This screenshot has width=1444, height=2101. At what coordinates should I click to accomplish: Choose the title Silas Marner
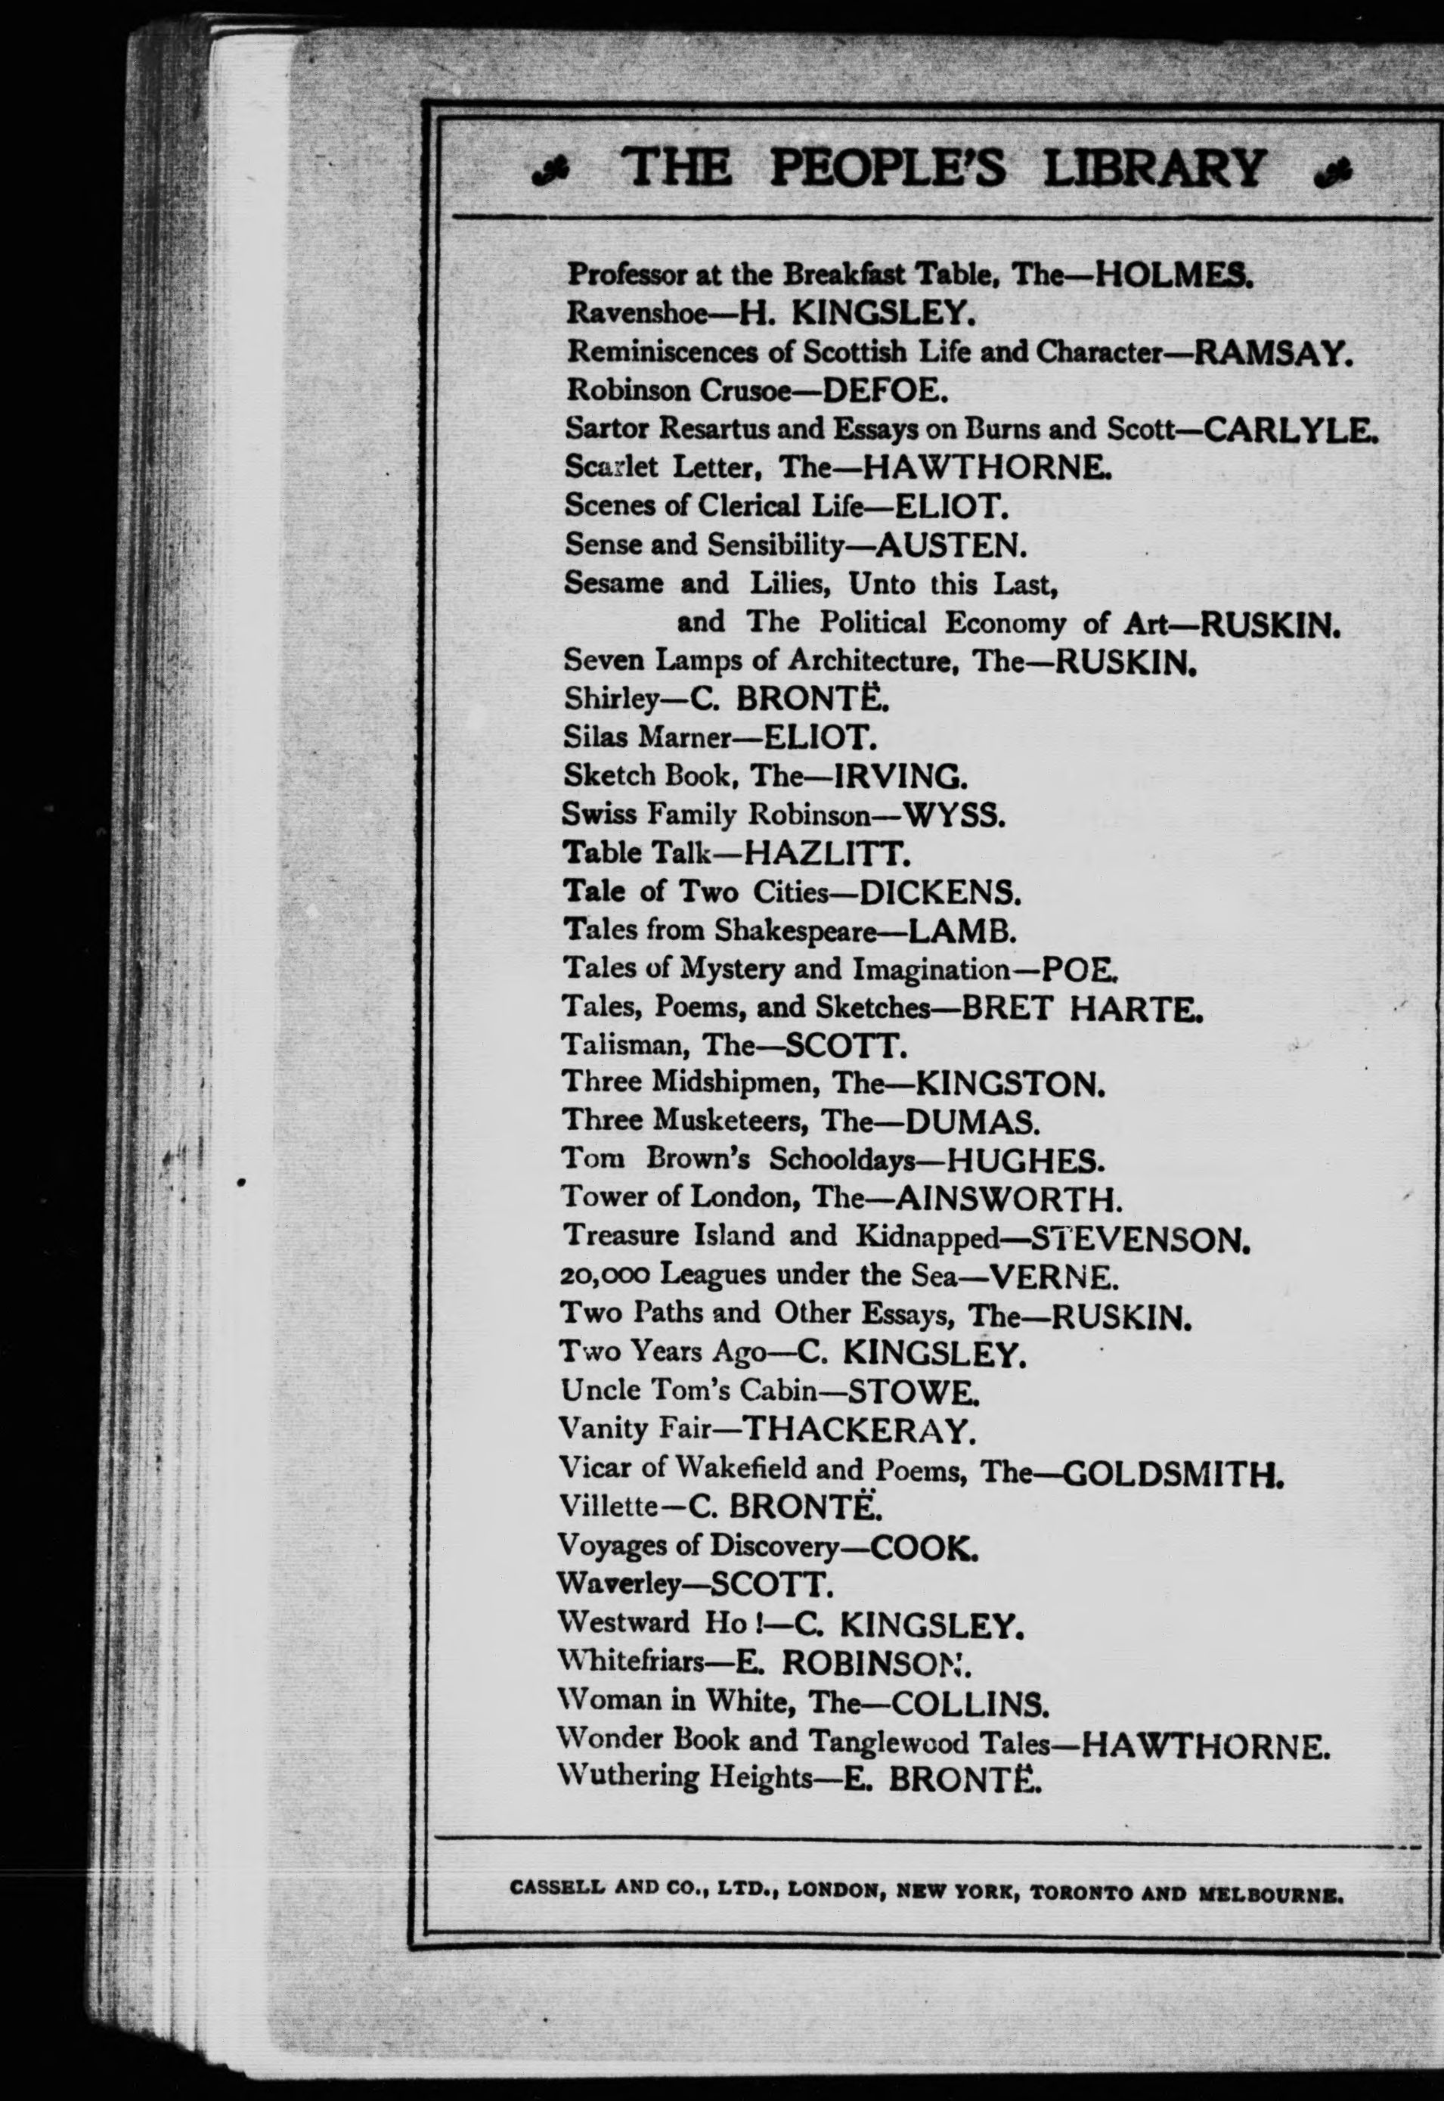coord(646,737)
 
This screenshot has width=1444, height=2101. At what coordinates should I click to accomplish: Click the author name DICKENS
coord(938,894)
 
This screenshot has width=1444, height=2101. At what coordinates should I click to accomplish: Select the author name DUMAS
coord(971,1123)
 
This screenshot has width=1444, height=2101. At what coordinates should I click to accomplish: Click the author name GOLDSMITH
coord(1172,1475)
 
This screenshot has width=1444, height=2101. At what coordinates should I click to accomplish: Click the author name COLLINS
coord(969,1705)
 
